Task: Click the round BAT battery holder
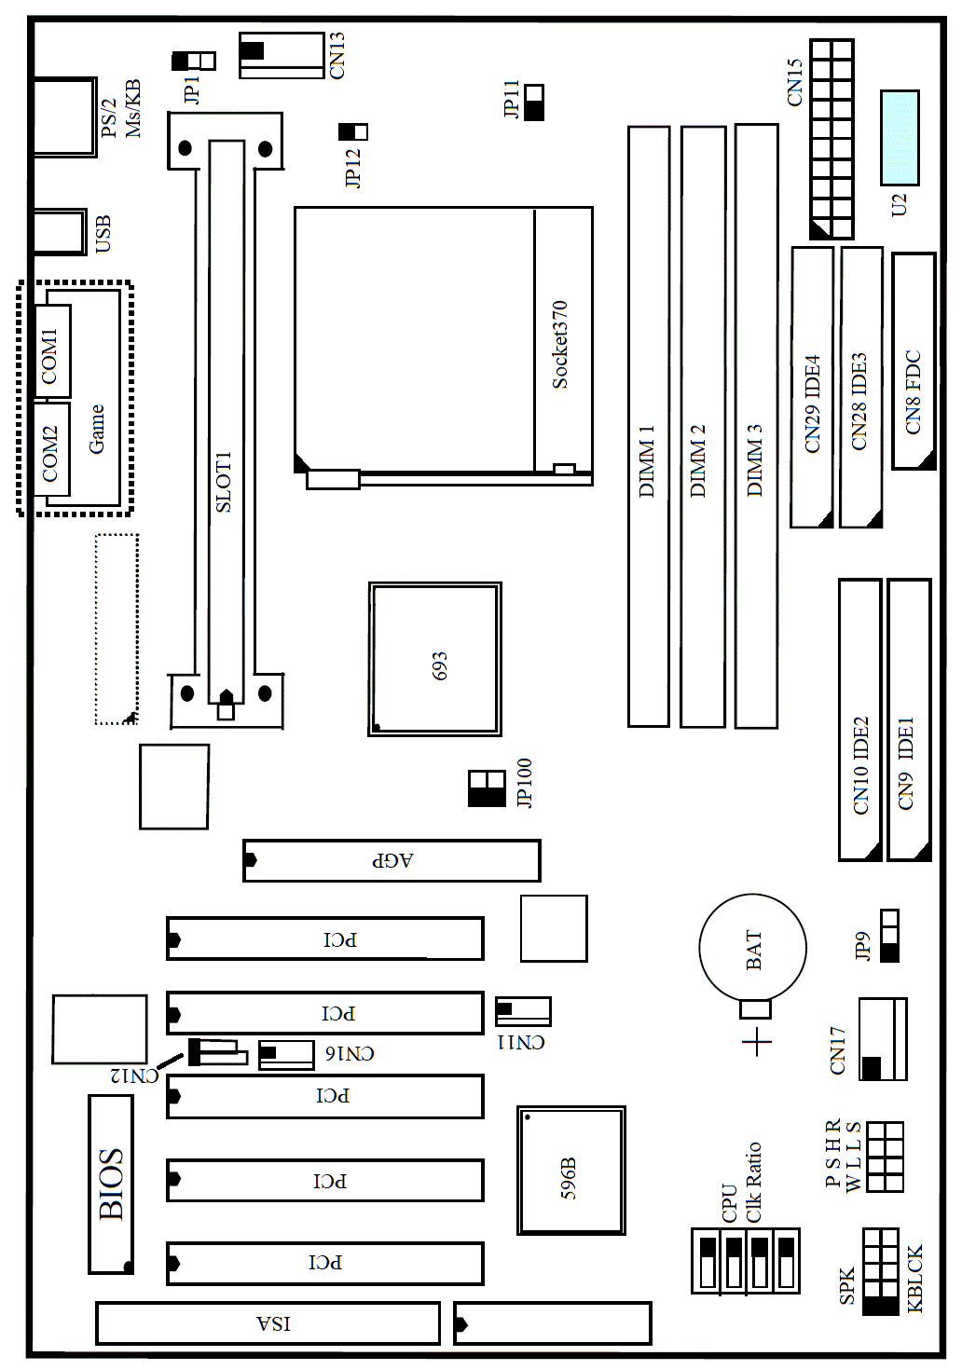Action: [x=752, y=948]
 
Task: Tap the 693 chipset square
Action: [x=434, y=659]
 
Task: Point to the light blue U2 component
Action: [x=900, y=138]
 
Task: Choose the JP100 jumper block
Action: [x=487, y=788]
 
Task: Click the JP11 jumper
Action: [x=534, y=103]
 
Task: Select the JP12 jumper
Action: [x=353, y=131]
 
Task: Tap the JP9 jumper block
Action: [x=890, y=935]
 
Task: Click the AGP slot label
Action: [x=392, y=860]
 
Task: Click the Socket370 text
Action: [x=560, y=345]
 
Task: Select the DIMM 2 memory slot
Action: [x=703, y=426]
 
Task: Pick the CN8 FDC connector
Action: [x=914, y=361]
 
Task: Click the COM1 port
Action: [x=52, y=350]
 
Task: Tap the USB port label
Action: [x=103, y=234]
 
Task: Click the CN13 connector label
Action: [x=337, y=56]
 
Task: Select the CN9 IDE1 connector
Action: [x=910, y=719]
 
